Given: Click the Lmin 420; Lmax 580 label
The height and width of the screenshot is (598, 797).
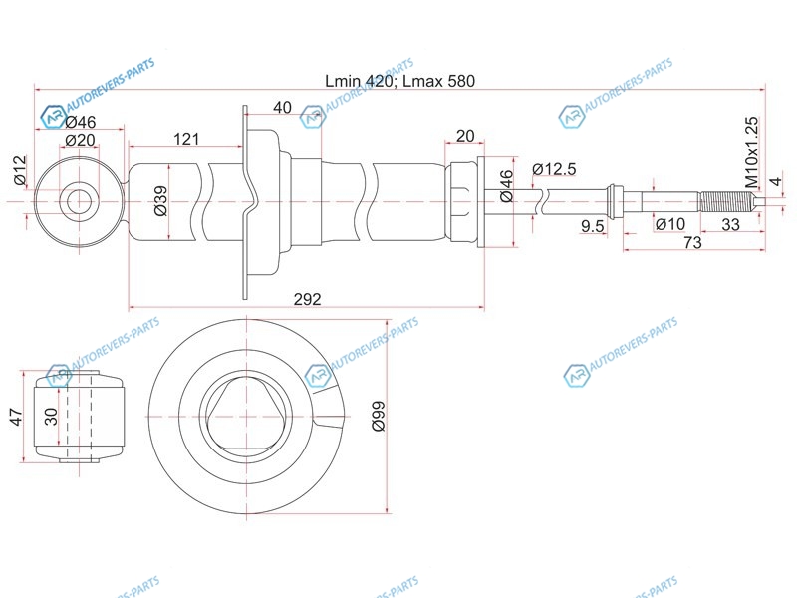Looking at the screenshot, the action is pos(399,81).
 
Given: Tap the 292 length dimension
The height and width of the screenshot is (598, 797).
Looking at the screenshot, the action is pos(308,299).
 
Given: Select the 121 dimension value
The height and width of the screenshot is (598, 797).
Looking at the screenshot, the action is pos(186,139).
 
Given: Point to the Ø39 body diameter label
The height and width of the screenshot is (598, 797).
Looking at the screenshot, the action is pos(160,201).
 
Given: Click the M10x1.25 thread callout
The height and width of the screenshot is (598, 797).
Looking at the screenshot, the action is pos(751,152).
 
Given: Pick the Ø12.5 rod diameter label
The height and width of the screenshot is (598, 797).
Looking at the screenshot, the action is pos(554,169).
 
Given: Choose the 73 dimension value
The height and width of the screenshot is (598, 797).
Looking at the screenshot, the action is pos(692,242).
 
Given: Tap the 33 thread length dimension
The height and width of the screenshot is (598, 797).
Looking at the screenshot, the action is pos(730,224).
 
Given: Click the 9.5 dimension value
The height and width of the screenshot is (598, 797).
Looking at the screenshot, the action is pos(592,226).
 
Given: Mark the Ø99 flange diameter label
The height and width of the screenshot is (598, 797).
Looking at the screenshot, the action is pos(379,416).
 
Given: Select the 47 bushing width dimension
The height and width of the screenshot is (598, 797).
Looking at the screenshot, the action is pos(17,417).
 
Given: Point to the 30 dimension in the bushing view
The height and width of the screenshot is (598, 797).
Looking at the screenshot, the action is pos(52,417).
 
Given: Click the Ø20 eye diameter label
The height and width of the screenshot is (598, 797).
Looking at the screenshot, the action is pos(81,140).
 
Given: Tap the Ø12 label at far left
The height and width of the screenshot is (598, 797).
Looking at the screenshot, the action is pos(19,171).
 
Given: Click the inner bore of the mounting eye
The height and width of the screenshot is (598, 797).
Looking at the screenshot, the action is pos(80,201).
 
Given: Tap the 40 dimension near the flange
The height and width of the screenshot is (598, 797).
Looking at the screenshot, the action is pos(282,108).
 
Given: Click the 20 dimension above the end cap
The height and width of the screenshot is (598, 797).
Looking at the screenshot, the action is pos(464,136).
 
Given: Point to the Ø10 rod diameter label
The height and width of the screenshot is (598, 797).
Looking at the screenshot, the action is pos(669,224).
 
